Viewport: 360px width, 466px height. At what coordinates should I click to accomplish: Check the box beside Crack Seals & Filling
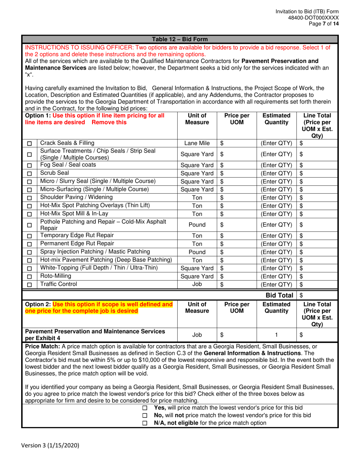30,144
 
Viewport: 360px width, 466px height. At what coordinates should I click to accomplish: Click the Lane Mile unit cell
197,143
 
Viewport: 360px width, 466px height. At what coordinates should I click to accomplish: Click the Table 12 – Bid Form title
179,39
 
